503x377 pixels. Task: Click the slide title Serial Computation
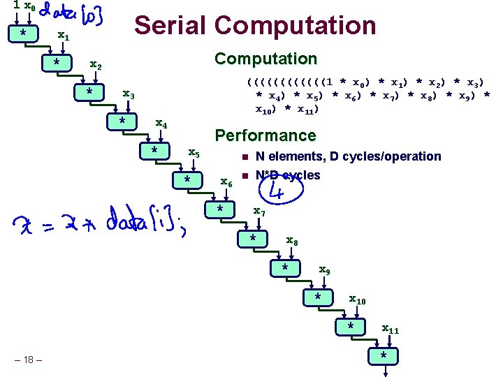(255, 25)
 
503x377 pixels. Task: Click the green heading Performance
(265, 135)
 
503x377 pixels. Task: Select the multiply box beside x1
(24, 34)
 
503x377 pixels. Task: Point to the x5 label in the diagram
(195, 153)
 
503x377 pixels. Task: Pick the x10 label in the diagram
(357, 300)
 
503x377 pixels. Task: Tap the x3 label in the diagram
(129, 94)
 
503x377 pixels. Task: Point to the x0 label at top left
(29, 6)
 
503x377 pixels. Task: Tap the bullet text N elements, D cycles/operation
(348, 156)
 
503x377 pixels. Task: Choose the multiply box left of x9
(285, 269)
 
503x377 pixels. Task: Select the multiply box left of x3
(89, 93)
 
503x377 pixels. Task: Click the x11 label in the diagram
(390, 329)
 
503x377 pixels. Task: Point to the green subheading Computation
(265, 59)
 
